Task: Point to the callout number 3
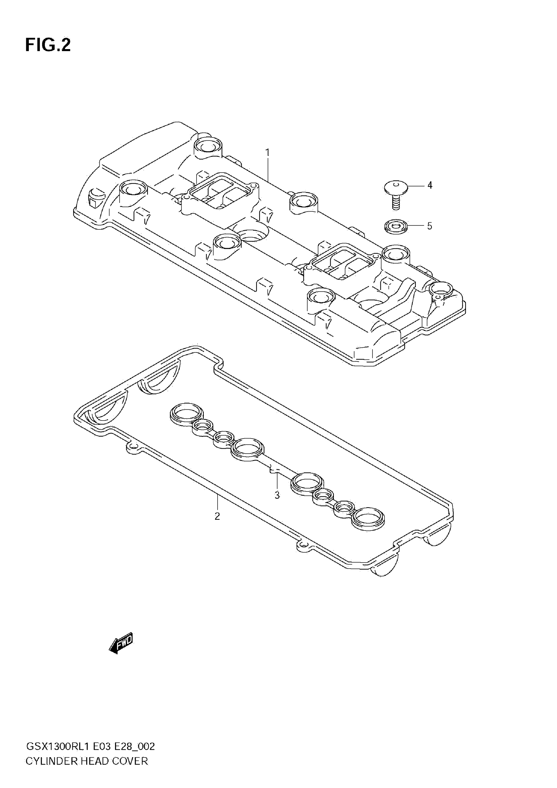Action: (277, 495)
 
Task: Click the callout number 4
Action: (430, 186)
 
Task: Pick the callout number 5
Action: (430, 226)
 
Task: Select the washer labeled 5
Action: (396, 226)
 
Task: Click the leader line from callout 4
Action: (416, 186)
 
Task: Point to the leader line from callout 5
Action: (416, 226)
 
